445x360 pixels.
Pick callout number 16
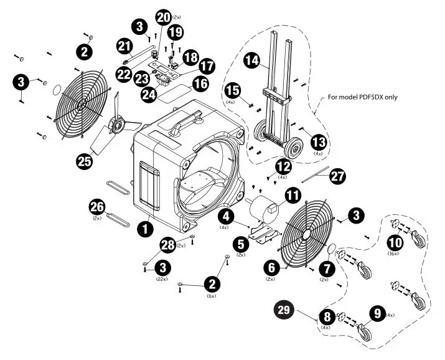(x=200, y=82)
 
